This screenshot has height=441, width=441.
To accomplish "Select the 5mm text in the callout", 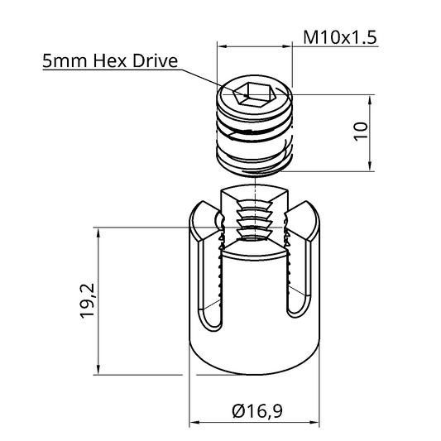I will click(x=65, y=61).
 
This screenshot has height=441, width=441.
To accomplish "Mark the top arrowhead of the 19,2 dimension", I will click(x=99, y=232).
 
